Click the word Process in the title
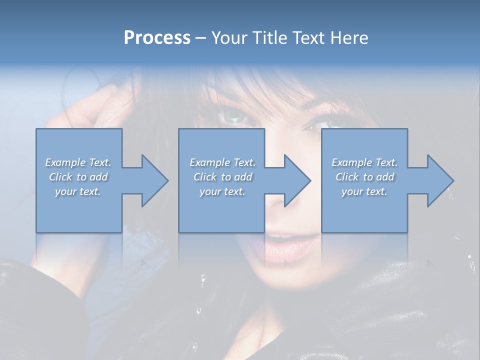coord(157,38)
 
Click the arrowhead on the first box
coord(154,180)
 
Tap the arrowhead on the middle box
coord(297,180)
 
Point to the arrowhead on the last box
coord(440,180)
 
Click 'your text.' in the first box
coord(78,191)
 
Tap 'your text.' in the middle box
coord(222,191)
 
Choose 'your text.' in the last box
coord(364,191)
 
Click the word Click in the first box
coord(60,177)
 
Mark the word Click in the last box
coord(347,177)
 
